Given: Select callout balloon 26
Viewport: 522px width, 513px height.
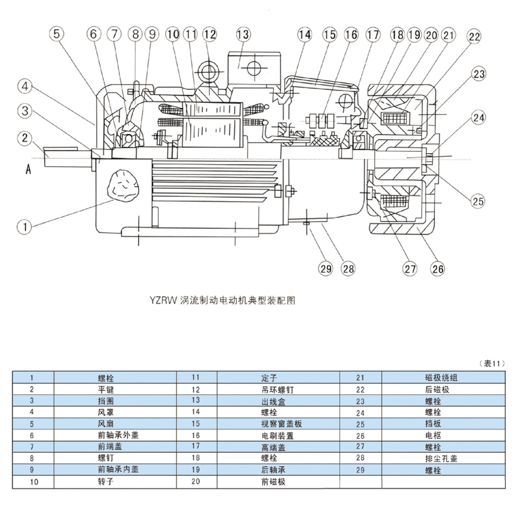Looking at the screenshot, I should [x=437, y=268].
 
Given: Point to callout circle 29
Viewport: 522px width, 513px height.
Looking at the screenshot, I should [x=326, y=268].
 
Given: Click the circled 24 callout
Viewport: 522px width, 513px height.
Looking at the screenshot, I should [x=478, y=118].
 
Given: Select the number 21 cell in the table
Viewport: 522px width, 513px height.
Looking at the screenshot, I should [x=361, y=378].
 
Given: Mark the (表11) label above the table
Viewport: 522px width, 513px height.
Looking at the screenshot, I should [x=494, y=363].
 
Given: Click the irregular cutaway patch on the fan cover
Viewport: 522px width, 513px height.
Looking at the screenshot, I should [x=121, y=185].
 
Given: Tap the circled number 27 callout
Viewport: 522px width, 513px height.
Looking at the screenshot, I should [x=410, y=268].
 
